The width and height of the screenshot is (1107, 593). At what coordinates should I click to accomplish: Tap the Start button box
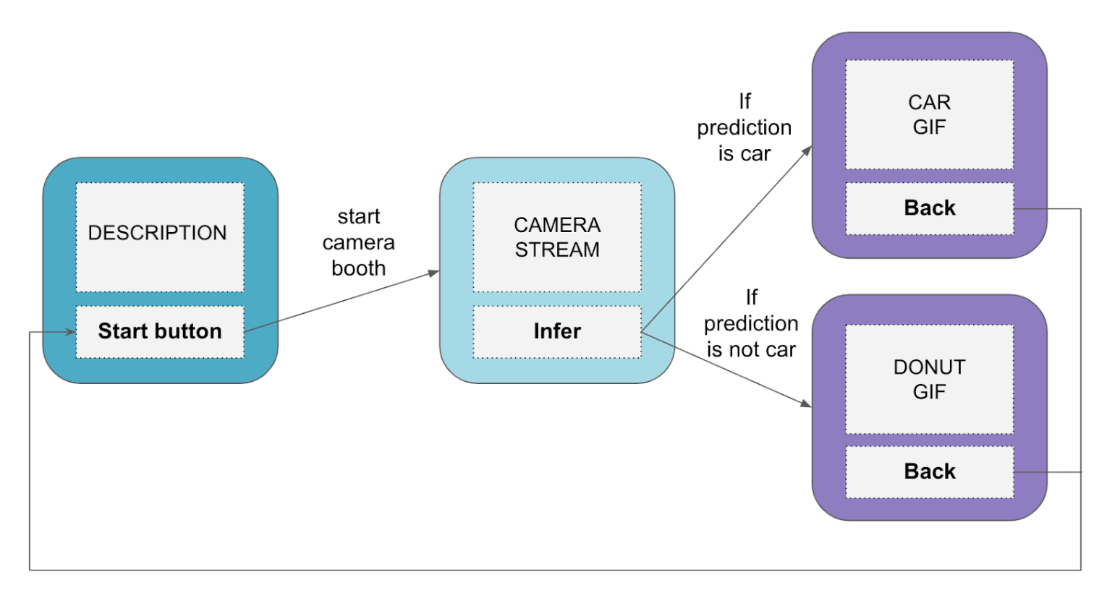coord(159,331)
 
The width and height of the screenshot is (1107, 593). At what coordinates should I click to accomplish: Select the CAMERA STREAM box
coord(557,237)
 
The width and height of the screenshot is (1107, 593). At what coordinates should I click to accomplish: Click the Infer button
coord(557,331)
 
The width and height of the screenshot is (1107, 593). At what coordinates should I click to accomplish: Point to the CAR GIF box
coord(929,114)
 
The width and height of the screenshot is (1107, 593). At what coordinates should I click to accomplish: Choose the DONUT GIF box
coord(929,379)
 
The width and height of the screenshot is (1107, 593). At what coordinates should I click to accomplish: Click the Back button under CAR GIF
coord(929,208)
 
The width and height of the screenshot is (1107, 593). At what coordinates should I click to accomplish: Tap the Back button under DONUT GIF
coord(929,472)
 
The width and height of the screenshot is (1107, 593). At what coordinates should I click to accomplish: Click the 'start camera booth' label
coord(359,242)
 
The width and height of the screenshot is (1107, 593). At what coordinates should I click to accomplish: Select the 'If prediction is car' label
coord(745,127)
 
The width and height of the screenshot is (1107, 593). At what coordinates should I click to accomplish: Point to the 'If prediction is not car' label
coord(751,323)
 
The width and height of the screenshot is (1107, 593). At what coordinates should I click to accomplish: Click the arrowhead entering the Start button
coord(71,332)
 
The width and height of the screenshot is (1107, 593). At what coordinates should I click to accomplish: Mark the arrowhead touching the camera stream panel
coord(434,273)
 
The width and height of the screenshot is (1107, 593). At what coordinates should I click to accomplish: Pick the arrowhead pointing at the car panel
coord(807,150)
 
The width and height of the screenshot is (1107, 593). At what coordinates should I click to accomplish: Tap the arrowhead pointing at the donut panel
coord(806,404)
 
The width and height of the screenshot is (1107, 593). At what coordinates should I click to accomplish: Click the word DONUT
coord(929,367)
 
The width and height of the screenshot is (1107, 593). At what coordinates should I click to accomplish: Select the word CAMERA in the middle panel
coord(557,225)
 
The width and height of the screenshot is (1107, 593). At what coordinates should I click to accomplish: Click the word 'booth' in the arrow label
coord(359,268)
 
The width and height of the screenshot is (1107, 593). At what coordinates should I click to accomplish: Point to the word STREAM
coord(557,249)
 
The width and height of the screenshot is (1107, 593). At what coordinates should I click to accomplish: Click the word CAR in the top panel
coord(929,102)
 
